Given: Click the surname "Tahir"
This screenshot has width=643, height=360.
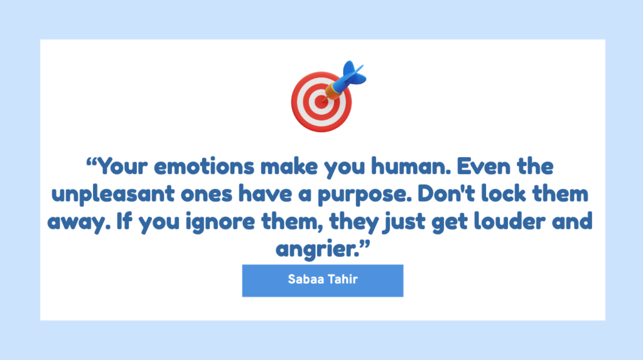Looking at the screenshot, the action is (342, 280).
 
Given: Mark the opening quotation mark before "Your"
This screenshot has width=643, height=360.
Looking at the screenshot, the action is (91, 161).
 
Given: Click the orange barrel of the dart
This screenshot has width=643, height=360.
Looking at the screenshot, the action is (333, 92).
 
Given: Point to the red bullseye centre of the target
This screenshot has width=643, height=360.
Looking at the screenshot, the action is (321, 102).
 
